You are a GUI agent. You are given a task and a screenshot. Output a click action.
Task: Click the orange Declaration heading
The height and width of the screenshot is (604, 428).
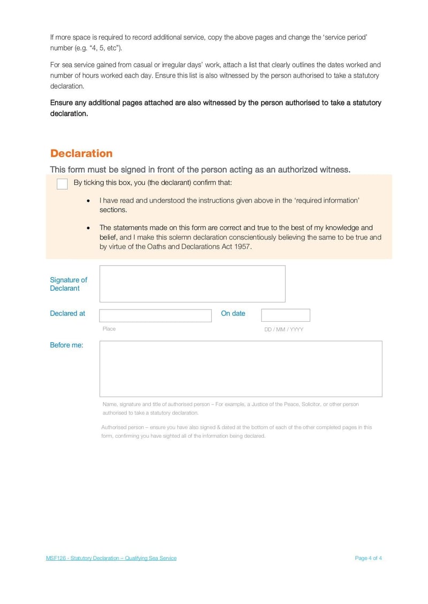pyautogui.click(x=81, y=153)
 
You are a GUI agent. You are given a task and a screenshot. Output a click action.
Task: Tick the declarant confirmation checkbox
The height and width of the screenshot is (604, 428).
pyautogui.click(x=62, y=184)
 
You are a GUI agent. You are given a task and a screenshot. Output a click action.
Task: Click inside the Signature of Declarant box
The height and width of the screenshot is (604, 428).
pyautogui.click(x=192, y=284)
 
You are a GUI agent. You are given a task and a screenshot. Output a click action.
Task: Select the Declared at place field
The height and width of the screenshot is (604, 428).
pyautogui.click(x=155, y=315)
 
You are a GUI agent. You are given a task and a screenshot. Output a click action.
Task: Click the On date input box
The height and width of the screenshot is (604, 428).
pyautogui.click(x=285, y=315)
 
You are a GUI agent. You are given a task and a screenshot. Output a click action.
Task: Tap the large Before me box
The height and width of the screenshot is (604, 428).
pyautogui.click(x=241, y=369)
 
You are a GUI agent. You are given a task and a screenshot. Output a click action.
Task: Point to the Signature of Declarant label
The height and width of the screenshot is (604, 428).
pyautogui.click(x=68, y=284)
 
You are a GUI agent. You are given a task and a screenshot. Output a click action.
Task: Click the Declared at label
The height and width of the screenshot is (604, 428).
pyautogui.click(x=67, y=314)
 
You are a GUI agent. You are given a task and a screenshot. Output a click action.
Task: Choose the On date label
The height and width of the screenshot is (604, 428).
pyautogui.click(x=233, y=314)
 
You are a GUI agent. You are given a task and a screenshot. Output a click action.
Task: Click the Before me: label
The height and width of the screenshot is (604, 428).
pyautogui.click(x=66, y=345)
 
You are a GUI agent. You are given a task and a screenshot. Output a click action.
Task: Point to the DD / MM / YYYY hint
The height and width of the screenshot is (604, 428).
pyautogui.click(x=284, y=329)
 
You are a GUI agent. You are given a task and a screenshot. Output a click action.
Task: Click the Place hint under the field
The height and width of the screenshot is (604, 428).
pyautogui.click(x=109, y=329)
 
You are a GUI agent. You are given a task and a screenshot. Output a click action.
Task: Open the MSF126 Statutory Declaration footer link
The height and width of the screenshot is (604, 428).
pyautogui.click(x=111, y=558)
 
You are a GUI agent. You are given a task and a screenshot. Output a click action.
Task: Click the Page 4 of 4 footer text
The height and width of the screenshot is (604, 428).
pyautogui.click(x=368, y=558)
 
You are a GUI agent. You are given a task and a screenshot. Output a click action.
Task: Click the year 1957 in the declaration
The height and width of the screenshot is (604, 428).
pyautogui.click(x=242, y=247)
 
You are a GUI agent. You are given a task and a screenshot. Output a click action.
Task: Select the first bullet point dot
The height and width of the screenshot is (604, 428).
pyautogui.click(x=88, y=201)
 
